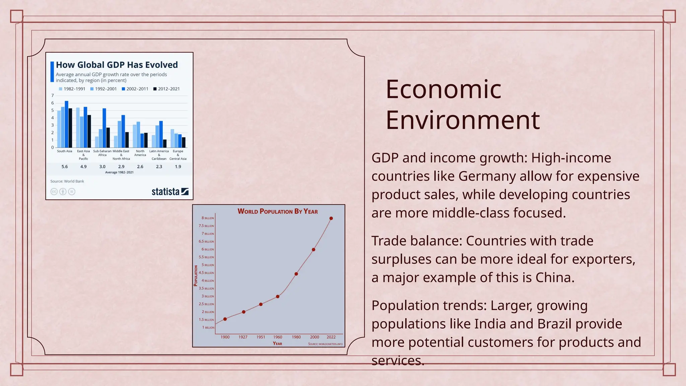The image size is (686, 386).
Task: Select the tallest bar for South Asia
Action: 66,124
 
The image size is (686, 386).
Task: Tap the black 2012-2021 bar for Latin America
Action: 165,143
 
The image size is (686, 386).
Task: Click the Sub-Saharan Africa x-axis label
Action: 102,153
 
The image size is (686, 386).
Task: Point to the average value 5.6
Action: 65,167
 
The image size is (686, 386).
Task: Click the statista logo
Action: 170,192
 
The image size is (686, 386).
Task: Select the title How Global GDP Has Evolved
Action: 117,65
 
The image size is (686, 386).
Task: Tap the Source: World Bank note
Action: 67,181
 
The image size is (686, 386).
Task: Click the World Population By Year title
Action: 277,211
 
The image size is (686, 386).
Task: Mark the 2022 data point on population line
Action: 331,218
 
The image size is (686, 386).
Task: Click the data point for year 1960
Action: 278,297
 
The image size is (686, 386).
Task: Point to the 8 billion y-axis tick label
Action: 207,218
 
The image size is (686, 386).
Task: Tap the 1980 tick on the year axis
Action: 296,337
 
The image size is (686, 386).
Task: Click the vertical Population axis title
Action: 196,275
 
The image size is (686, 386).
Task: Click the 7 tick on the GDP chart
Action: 53,95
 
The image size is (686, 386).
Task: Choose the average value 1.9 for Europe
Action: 178,167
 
